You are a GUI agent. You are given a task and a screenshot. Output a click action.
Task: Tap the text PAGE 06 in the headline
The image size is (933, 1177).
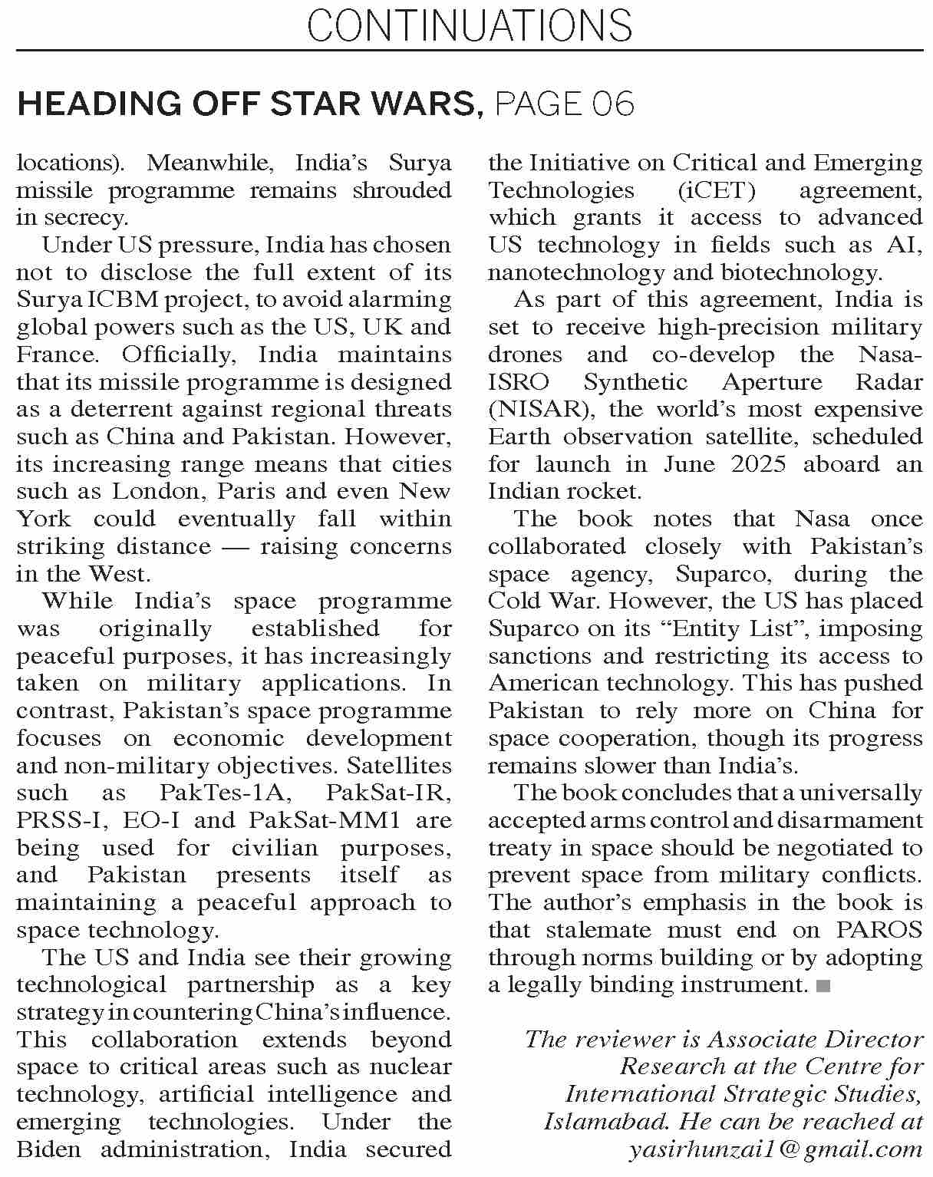565,104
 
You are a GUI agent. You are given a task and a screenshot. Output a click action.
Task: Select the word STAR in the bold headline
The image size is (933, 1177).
305,104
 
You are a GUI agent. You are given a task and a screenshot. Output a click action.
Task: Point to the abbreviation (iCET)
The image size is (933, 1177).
717,190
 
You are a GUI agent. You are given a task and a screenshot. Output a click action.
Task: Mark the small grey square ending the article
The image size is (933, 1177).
824,985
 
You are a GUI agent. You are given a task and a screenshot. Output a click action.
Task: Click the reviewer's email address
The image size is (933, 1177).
775,1149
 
